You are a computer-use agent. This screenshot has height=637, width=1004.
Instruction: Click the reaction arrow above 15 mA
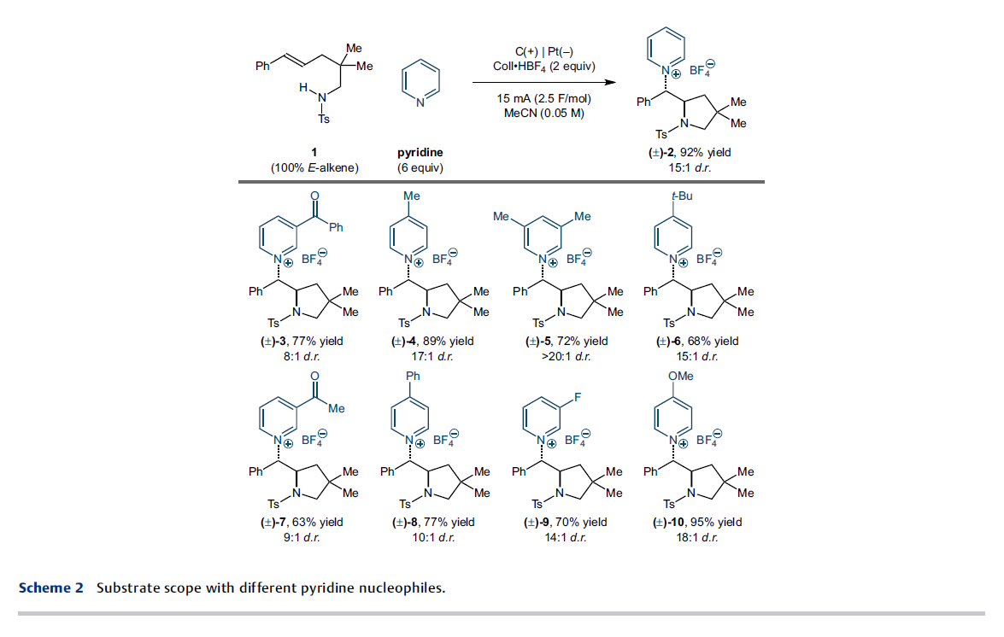544,82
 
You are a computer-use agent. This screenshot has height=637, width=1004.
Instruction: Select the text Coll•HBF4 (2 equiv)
544,67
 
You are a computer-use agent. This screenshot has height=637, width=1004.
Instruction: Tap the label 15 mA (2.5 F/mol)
543,98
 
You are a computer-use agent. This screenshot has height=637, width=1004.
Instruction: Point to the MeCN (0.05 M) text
543,114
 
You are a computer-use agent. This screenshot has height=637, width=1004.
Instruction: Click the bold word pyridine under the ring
420,152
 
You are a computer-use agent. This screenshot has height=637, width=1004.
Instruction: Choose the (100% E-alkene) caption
314,167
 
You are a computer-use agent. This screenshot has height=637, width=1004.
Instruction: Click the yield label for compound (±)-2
690,152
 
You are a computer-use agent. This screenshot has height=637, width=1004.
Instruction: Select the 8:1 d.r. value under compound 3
302,356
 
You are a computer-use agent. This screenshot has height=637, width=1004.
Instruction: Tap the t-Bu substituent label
682,196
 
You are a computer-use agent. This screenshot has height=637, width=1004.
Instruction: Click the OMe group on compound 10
681,376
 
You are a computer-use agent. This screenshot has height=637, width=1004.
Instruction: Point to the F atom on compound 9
578,397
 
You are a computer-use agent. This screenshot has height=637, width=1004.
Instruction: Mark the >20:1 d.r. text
566,356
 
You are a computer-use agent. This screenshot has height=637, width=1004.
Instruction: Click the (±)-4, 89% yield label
433,341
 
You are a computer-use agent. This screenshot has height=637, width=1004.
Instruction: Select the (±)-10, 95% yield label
697,522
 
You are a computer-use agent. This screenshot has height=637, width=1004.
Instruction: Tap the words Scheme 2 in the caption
51,587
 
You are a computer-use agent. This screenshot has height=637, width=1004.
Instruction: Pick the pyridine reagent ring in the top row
420,83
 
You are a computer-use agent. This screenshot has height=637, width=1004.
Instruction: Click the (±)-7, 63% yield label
302,522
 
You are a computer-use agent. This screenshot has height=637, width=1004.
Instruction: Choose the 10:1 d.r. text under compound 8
433,537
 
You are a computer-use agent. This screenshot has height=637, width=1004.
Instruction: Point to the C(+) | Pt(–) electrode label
544,52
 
